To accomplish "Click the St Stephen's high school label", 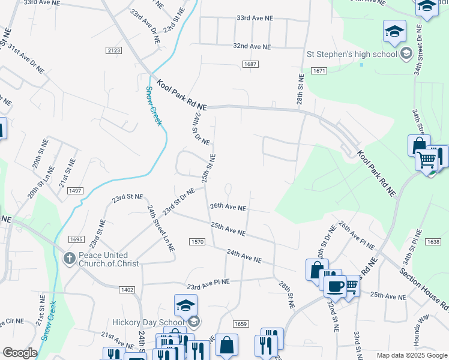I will click(x=352, y=55).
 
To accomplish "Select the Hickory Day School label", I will click(x=147, y=322).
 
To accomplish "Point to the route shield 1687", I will click(x=251, y=64).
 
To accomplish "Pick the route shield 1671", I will click(x=319, y=71).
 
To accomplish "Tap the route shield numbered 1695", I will click(x=76, y=239).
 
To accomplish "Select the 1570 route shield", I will click(x=197, y=242).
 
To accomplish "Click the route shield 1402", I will click(x=127, y=289).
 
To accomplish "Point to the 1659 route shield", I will click(x=240, y=324).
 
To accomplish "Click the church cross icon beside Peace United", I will click(x=70, y=259).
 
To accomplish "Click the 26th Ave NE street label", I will click(x=228, y=207).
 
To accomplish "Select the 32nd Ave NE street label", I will click(x=252, y=46).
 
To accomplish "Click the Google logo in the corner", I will click(x=20, y=353).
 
